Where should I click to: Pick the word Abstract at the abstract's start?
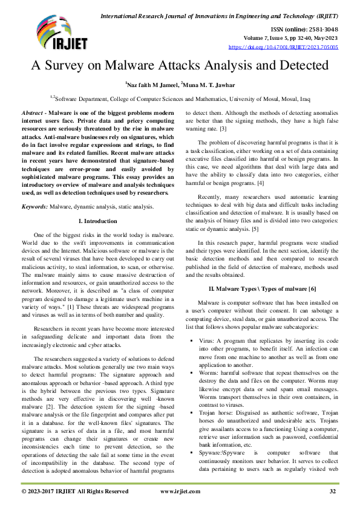pyautogui.click(x=33, y=114)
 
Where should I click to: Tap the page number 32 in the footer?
pyautogui.click(x=332, y=491)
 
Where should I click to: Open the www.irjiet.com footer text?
pyautogui.click(x=180, y=491)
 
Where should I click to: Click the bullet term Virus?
pyautogui.click(x=207, y=342)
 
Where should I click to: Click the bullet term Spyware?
pyautogui.click(x=212, y=452)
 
